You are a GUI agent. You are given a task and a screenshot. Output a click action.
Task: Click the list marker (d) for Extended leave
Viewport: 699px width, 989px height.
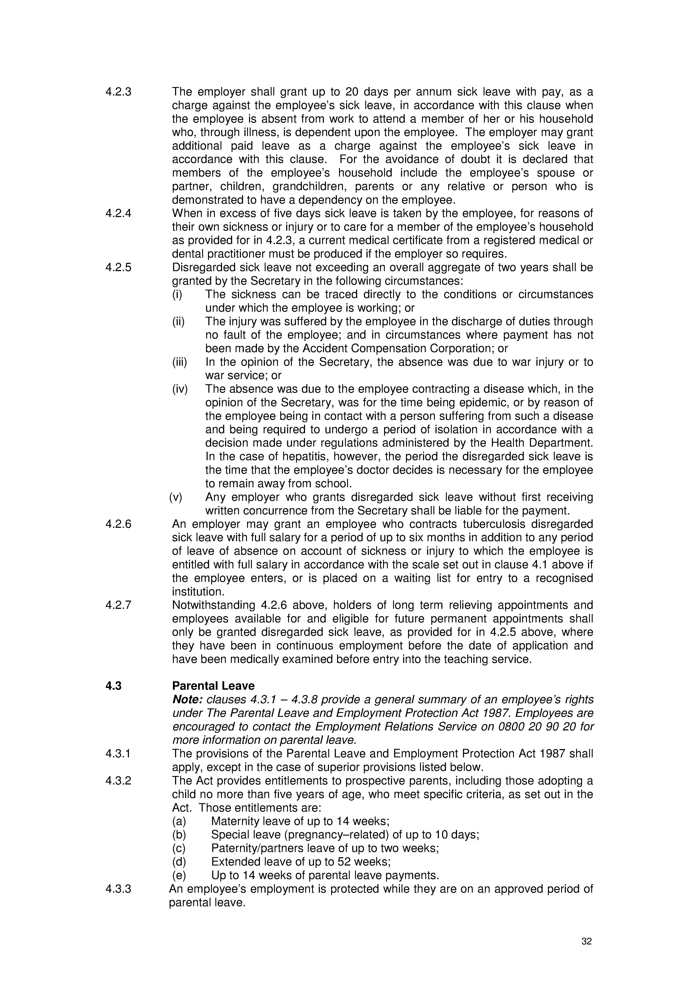(179, 862)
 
